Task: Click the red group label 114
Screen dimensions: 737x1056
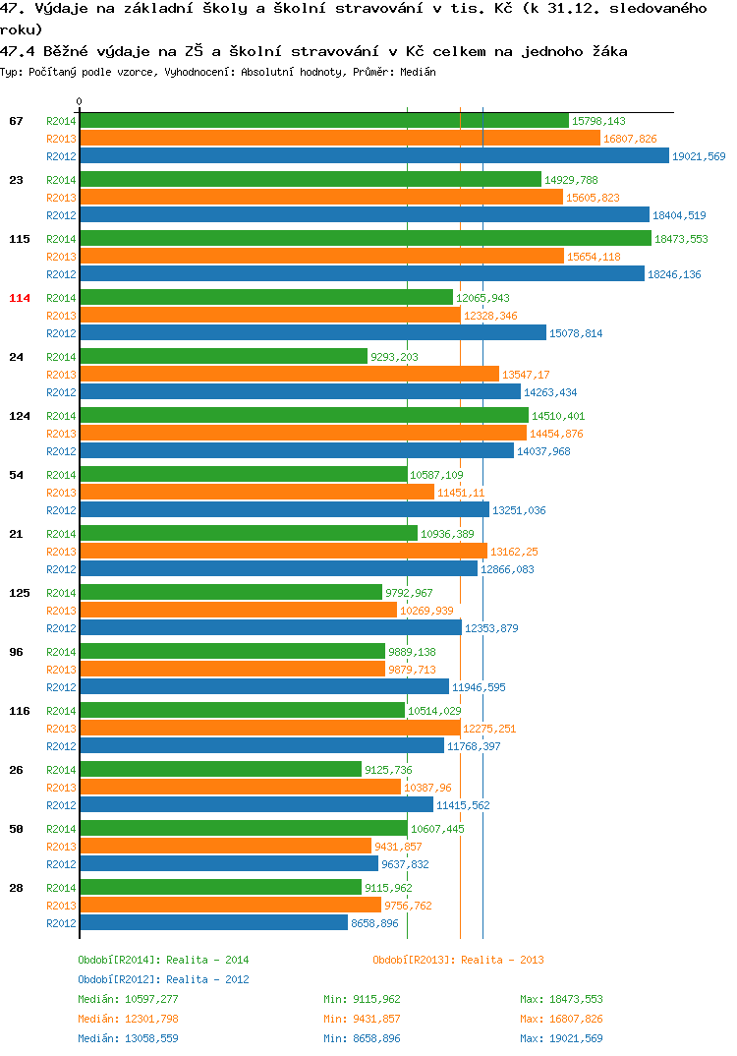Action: click(20, 298)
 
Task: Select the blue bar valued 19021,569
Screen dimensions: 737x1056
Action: click(374, 155)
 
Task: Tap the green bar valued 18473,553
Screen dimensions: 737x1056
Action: click(366, 238)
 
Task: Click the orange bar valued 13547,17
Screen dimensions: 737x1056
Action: click(290, 375)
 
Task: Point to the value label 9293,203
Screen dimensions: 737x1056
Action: click(394, 357)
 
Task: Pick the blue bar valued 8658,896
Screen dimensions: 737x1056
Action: click(214, 922)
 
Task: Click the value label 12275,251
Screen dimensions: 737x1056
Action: click(489, 729)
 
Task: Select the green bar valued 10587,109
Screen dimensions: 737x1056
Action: click(244, 475)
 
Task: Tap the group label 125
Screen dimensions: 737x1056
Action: click(20, 593)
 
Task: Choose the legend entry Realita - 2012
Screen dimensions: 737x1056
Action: click(207, 979)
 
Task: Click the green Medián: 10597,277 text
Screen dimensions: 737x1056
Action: click(128, 999)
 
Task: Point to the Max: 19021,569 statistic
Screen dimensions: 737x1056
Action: click(561, 1038)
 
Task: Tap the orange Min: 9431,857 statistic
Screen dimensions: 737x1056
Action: click(362, 1019)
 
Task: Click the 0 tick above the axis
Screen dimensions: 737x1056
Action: click(80, 101)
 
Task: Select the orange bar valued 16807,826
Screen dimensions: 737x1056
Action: click(340, 138)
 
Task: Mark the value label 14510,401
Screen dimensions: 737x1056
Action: click(558, 416)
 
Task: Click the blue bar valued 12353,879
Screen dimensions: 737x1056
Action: click(270, 627)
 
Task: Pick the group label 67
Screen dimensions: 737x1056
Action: click(16, 121)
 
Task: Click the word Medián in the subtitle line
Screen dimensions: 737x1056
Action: click(418, 72)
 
